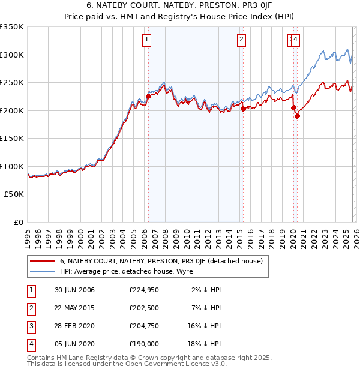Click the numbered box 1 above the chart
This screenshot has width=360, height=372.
pyautogui.click(x=147, y=40)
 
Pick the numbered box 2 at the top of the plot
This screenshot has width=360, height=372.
pyautogui.click(x=241, y=40)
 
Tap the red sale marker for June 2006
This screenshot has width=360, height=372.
pyautogui.click(x=148, y=96)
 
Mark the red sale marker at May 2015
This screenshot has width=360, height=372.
pyautogui.click(x=243, y=109)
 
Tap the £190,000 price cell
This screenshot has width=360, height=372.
pyautogui.click(x=143, y=344)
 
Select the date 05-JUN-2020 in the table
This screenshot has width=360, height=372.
pyautogui.click(x=74, y=344)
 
